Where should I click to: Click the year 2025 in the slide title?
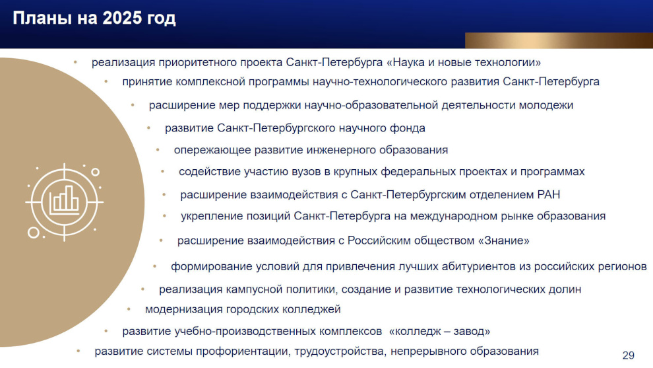[121, 18]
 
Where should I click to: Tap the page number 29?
[629, 355]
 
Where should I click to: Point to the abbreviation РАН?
[549, 194]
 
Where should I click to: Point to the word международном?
[456, 216]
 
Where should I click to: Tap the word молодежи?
[546, 105]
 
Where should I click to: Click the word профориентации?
[243, 351]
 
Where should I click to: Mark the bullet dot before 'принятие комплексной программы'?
[106, 82]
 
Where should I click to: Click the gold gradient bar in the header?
[559, 40]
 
